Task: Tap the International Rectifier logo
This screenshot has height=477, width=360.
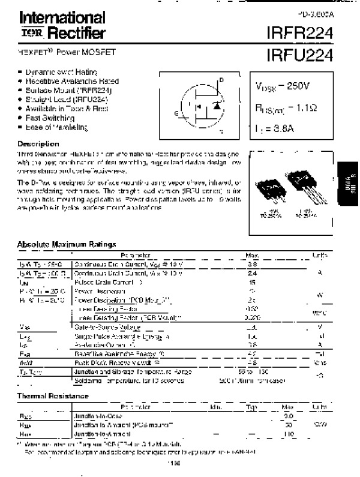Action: click(56, 25)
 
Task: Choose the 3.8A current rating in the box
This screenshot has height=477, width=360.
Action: click(285, 129)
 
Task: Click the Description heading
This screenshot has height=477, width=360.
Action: click(38, 144)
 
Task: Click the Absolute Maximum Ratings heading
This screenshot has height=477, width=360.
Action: click(67, 245)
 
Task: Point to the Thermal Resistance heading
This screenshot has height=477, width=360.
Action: click(53, 395)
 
